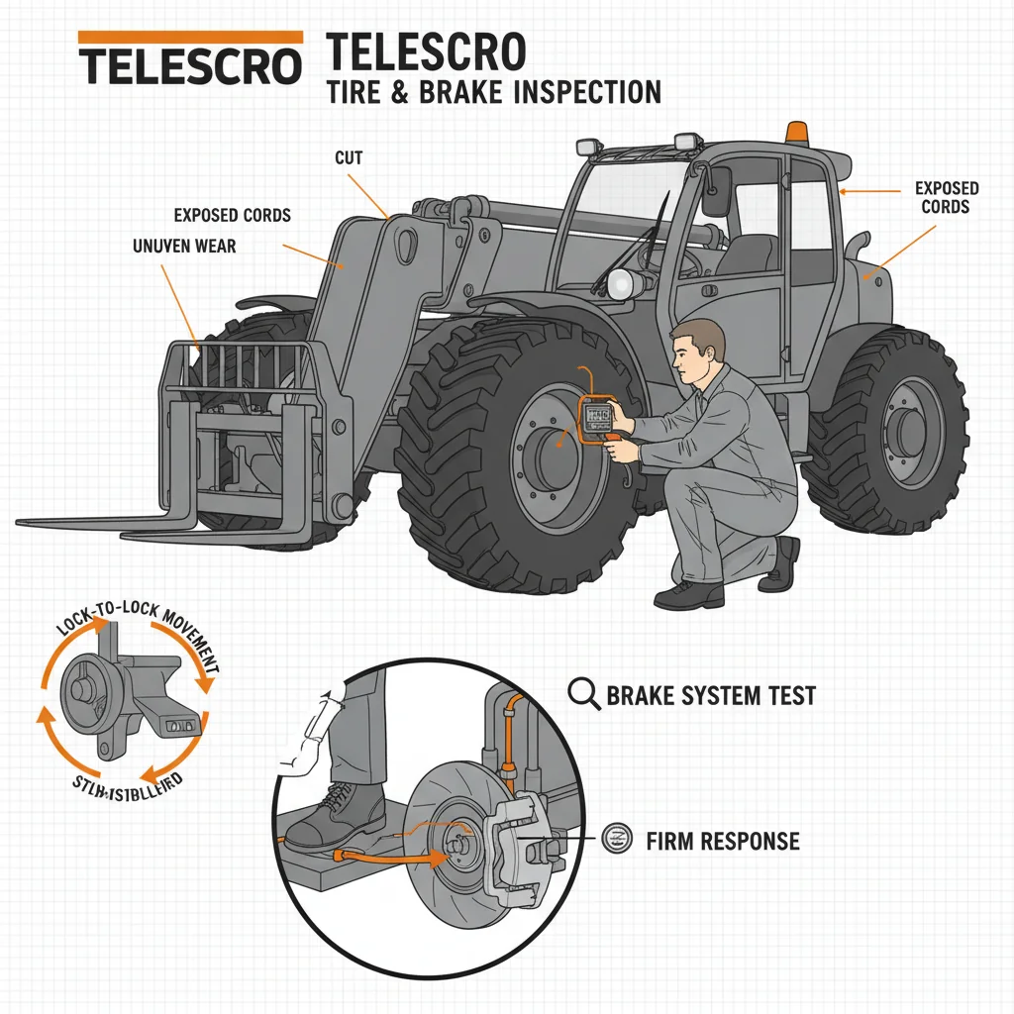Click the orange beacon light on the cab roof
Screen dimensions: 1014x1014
pyautogui.click(x=795, y=132)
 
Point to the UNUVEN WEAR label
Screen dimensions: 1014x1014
pyautogui.click(x=183, y=246)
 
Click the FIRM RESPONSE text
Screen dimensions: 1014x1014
pyautogui.click(x=722, y=842)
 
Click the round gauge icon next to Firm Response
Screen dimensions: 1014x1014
pyautogui.click(x=615, y=841)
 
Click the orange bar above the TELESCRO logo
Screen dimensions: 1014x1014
pyautogui.click(x=189, y=36)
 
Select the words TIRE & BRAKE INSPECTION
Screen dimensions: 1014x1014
pyautogui.click(x=492, y=92)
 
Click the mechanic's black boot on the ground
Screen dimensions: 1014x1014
pyautogui.click(x=689, y=594)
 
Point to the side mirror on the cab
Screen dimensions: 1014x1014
pyautogui.click(x=716, y=192)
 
